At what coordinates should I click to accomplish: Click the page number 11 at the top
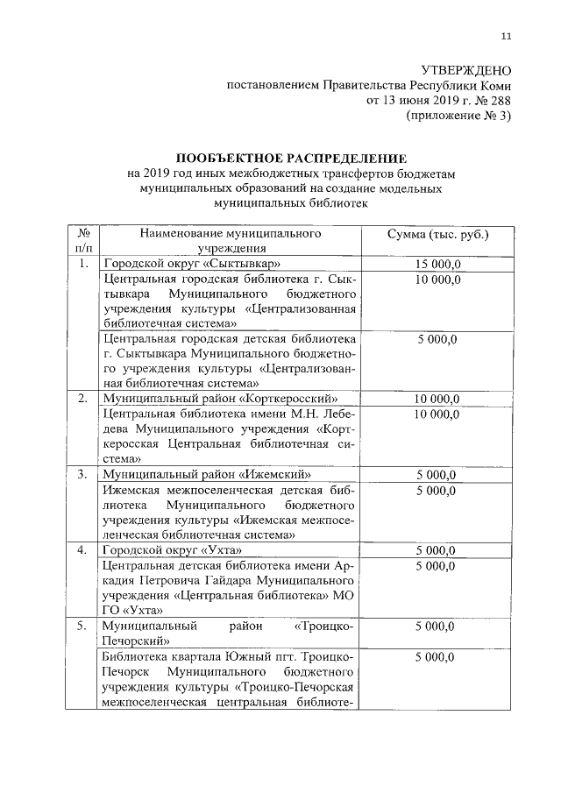pos(506,36)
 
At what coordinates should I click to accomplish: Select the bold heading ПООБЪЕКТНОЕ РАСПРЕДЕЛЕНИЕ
pos(291,159)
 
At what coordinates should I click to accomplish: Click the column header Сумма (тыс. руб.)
pos(437,235)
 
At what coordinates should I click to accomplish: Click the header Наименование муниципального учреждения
pos(231,242)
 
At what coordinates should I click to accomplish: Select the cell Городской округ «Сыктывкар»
pos(192,264)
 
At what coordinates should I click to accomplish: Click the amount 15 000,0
pos(437,264)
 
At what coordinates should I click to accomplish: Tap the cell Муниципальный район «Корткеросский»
pos(220,399)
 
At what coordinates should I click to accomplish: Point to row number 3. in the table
pos(82,474)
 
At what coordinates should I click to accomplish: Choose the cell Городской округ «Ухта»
pos(172,549)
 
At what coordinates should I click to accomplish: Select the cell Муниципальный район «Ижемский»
pos(207,474)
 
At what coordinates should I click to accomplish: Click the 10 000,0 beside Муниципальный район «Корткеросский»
pos(437,399)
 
